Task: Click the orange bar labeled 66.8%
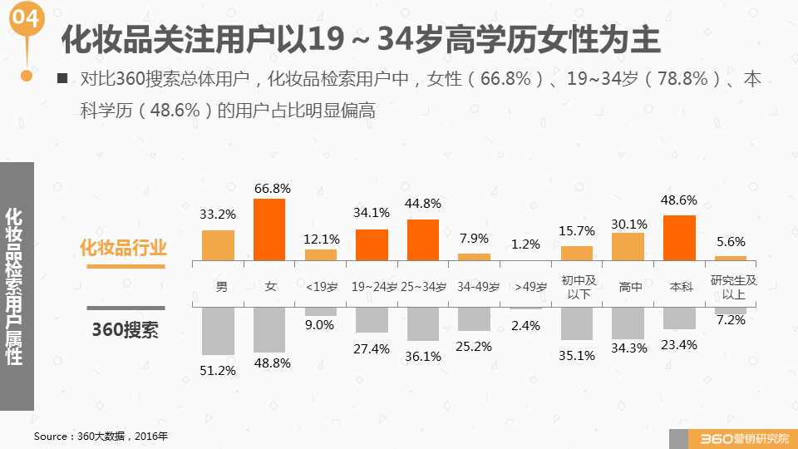coord(269,229)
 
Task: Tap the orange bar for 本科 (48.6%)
coord(679,238)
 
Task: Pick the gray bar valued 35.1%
coord(577,323)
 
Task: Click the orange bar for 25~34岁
coord(423,240)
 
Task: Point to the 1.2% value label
coord(525,244)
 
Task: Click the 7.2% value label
coord(731,320)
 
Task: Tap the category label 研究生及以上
coord(732,287)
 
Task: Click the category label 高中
coord(629,287)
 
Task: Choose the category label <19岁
coord(321,287)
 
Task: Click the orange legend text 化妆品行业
coord(123,248)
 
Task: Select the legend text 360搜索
coord(125,329)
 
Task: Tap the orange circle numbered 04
coord(27,19)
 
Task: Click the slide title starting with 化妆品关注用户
coord(361,39)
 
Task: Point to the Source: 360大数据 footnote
coord(101,436)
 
